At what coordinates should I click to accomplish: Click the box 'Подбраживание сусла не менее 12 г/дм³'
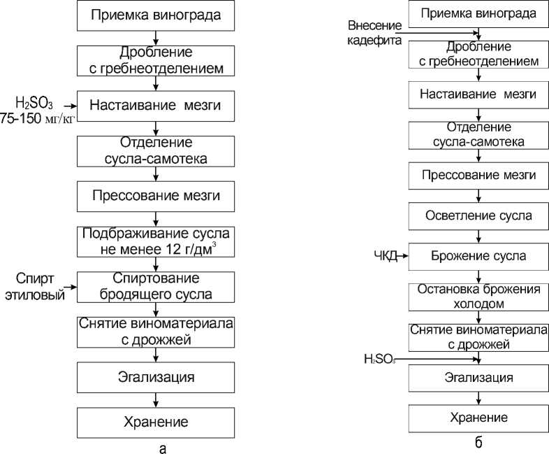156,240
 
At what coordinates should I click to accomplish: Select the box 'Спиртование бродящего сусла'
156,286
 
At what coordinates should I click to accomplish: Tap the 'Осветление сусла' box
478,215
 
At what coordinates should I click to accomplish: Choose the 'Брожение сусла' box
478,255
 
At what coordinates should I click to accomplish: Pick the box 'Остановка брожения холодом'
478,296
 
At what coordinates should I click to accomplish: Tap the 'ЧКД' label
386,256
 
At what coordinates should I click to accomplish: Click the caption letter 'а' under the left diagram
163,448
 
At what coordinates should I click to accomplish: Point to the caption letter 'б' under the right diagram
478,443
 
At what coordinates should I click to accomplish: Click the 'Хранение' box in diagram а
156,422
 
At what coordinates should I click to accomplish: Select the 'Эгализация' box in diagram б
478,378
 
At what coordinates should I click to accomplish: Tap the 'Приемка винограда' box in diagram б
478,13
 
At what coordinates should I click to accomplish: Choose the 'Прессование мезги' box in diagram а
156,195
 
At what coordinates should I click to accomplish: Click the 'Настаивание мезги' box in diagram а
156,106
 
